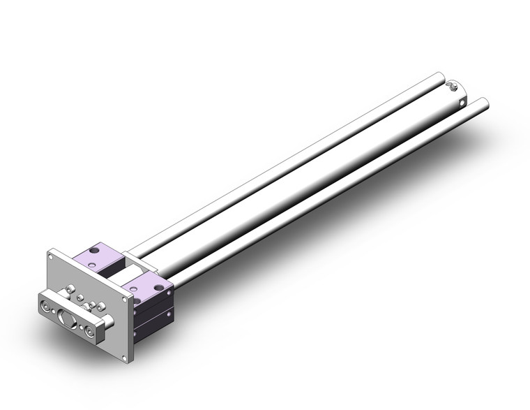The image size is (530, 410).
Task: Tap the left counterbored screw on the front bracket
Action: (45, 306)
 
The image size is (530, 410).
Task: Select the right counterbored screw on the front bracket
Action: (89, 330)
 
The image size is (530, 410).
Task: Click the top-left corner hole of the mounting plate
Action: (50, 257)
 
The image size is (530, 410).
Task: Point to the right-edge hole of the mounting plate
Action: (125, 300)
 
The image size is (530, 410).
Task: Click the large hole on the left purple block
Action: (93, 250)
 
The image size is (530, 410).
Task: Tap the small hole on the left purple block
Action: (91, 265)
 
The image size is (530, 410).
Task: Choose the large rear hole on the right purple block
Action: (158, 287)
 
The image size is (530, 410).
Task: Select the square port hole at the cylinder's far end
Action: (462, 103)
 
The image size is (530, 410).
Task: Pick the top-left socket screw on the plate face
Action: (70, 288)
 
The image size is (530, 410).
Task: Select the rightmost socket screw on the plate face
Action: (100, 307)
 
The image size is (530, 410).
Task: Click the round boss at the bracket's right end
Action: (109, 321)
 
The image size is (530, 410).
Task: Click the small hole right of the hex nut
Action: (81, 327)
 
